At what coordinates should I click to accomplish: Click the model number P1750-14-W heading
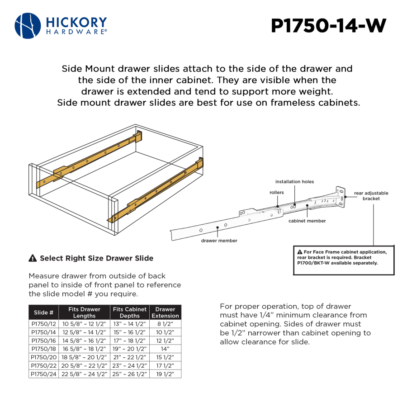(329, 26)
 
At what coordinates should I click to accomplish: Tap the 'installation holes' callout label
(294, 182)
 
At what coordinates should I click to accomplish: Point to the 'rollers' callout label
(276, 193)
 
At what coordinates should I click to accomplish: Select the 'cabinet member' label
(307, 221)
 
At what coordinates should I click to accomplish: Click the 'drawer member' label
(219, 241)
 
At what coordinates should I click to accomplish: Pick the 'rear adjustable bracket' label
(371, 196)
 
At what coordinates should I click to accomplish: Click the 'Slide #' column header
(43, 312)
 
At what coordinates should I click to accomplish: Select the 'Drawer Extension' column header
(165, 312)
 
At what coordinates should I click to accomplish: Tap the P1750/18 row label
(43, 349)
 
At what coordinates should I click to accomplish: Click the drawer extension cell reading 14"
(165, 349)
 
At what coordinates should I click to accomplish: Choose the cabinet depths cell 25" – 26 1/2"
(130, 374)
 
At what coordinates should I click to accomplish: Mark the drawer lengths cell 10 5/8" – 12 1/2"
(85, 324)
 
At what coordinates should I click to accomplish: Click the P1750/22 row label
(43, 365)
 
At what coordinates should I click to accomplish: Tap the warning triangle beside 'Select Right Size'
(33, 259)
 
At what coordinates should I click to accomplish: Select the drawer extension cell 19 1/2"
(165, 374)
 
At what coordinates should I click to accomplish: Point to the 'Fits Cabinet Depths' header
(130, 312)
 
